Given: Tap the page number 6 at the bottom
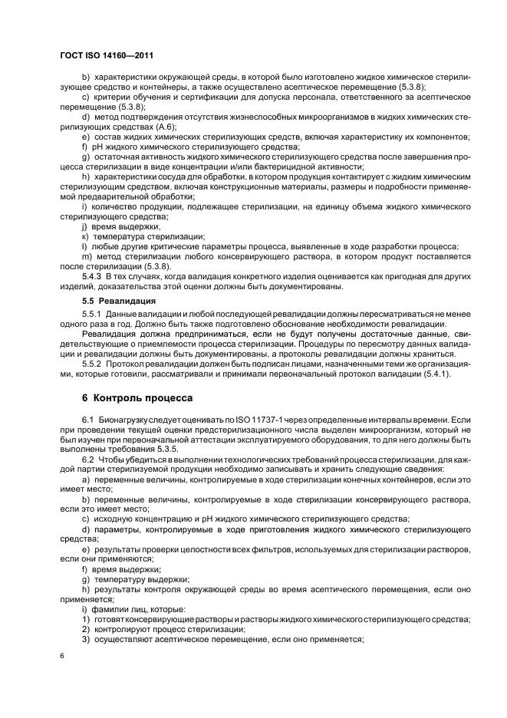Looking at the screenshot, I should tap(61, 657).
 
